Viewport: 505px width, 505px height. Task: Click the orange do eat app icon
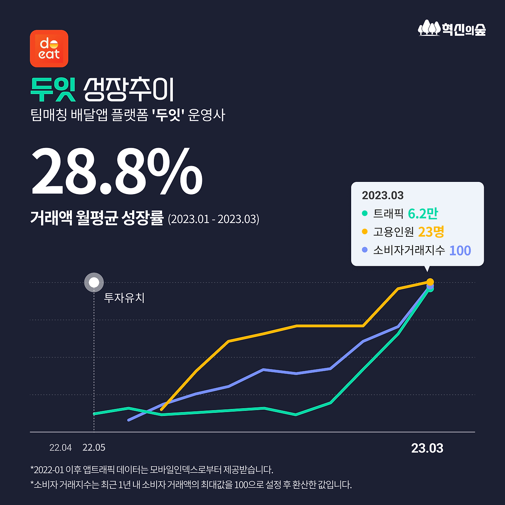tap(49, 49)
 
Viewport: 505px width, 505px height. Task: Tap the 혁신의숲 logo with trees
tap(452, 28)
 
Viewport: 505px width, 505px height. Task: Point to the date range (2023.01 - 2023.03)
tap(213, 219)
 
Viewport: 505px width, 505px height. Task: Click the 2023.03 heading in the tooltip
tap(383, 195)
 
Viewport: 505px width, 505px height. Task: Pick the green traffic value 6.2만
tap(423, 213)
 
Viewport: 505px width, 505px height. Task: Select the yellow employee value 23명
tap(431, 232)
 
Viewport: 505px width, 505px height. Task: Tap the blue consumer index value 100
tap(460, 251)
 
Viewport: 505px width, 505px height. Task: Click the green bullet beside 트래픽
tap(365, 213)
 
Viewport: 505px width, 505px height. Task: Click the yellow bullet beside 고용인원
tap(365, 232)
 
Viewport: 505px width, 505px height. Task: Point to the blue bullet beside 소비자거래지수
tap(365, 250)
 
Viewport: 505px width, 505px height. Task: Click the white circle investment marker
tap(94, 282)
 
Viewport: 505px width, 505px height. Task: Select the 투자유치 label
tap(124, 297)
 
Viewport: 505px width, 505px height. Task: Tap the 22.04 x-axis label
tap(60, 447)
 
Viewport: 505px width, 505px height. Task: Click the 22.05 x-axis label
tap(94, 447)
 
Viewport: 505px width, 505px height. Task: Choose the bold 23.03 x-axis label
tap(427, 448)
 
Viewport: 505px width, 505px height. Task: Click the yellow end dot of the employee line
tap(430, 282)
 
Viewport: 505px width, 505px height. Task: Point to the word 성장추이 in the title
tap(129, 90)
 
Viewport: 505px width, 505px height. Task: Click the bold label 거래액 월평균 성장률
tap(97, 218)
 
